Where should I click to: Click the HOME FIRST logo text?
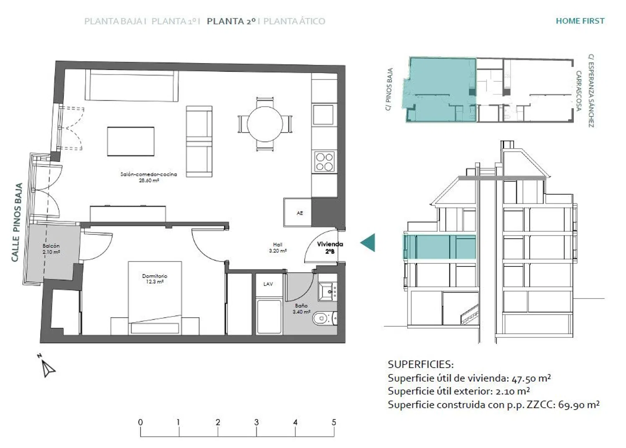pos(580,21)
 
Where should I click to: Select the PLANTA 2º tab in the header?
pos(231,21)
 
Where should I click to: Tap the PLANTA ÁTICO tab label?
pos(294,21)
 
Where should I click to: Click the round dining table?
pos(265,124)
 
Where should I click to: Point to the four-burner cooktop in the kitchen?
pos(324,162)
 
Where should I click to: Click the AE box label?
pos(300,213)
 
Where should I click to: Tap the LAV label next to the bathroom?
pos(268,284)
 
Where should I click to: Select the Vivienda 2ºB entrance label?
pos(330,248)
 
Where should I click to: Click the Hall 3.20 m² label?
pos(278,248)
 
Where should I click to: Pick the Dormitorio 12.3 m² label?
pos(154,279)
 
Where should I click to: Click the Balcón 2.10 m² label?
pos(51,249)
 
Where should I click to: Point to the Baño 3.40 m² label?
pos(301,309)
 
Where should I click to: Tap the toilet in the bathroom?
pos(324,318)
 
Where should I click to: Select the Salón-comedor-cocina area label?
pos(149,177)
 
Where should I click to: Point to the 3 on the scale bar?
pos(256,422)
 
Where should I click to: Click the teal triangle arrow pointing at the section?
pos(368,243)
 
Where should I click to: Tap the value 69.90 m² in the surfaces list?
pos(579,405)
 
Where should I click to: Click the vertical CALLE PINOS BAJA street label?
pos(17,223)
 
